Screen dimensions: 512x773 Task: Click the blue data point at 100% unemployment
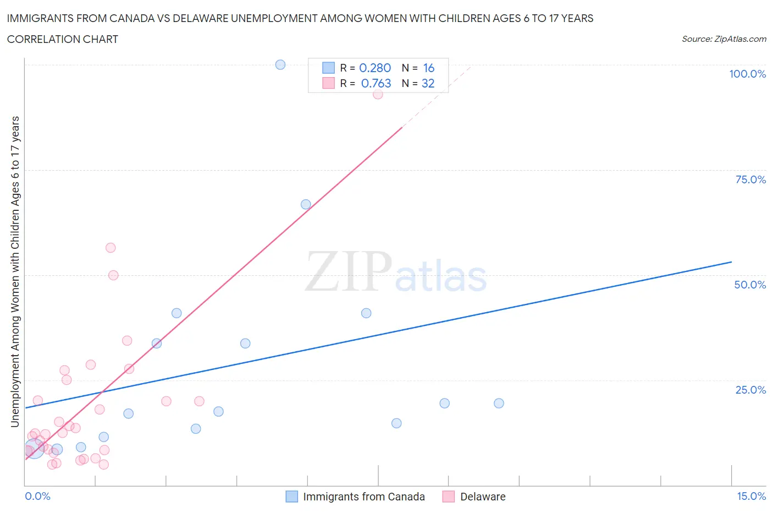click(x=280, y=65)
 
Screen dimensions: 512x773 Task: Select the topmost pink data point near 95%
click(x=378, y=94)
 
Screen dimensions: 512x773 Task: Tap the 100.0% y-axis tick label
click(x=747, y=74)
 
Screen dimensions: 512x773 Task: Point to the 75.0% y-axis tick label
click(x=750, y=179)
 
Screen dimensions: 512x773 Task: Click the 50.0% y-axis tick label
click(x=750, y=285)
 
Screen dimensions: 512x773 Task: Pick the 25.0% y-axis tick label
click(x=750, y=390)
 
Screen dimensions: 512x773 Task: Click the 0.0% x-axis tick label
click(x=38, y=496)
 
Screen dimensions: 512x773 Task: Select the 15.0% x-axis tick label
click(x=751, y=496)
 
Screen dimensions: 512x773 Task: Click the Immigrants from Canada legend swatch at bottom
click(x=292, y=497)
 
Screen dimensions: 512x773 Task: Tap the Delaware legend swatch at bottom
click(x=449, y=497)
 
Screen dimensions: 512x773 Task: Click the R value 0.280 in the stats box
click(x=375, y=68)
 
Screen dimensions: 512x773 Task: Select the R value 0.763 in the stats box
click(x=376, y=83)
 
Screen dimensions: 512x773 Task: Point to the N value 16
click(x=429, y=68)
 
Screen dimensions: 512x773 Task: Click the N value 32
click(x=428, y=83)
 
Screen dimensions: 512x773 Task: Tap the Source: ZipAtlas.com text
click(x=724, y=39)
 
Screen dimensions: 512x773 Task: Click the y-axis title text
click(x=15, y=271)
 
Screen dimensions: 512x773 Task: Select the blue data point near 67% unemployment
click(x=306, y=204)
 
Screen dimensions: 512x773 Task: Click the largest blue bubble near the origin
click(x=34, y=449)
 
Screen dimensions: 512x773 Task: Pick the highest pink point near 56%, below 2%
click(x=111, y=248)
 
